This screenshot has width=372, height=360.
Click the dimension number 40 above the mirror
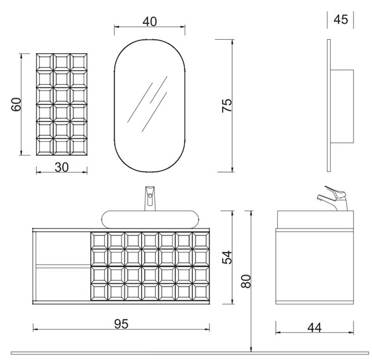[150, 22]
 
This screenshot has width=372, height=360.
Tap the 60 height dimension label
[16, 104]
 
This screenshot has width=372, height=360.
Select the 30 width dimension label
[62, 167]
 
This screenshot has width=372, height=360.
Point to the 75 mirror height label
[226, 106]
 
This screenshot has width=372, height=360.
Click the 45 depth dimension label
[341, 20]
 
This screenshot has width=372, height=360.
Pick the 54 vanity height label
[226, 258]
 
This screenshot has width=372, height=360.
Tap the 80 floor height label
[245, 281]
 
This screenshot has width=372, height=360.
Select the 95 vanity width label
[121, 324]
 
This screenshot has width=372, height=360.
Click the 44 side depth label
[314, 328]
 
